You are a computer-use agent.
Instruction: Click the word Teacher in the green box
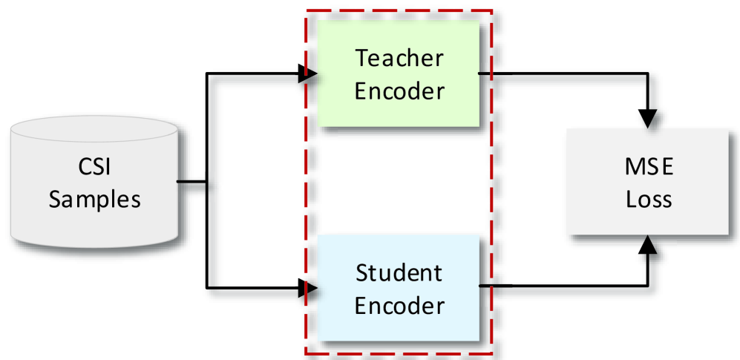399,57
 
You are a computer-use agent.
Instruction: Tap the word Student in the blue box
399,272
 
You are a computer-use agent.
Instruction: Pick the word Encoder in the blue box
399,305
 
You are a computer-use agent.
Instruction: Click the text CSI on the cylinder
94,167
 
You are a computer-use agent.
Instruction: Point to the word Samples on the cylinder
94,200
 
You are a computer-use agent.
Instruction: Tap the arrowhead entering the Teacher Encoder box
308,73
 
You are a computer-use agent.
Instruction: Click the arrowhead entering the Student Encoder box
308,287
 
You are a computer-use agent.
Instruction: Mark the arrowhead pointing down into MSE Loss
648,118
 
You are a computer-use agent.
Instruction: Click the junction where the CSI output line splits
206,180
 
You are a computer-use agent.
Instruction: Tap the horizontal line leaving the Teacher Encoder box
564,73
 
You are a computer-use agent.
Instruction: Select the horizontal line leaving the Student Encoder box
564,286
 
